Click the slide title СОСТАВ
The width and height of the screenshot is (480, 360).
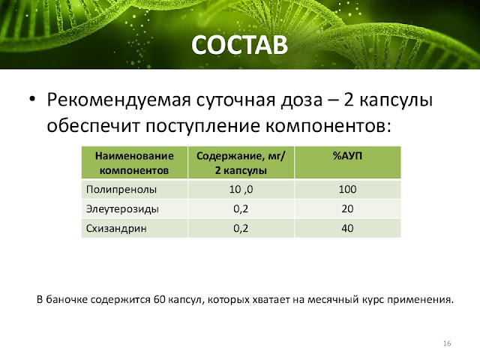coord(239,45)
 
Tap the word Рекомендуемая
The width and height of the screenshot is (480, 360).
coord(118,100)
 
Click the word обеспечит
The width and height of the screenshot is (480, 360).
coord(93,126)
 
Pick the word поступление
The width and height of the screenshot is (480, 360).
coord(202,126)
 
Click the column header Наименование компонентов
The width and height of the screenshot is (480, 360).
coord(134,163)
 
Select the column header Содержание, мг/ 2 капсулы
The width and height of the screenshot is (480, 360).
coord(241,163)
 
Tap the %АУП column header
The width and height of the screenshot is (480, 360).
coord(347,156)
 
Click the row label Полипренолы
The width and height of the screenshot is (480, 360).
coord(121,190)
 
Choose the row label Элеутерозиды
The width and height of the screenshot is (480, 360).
coord(122,209)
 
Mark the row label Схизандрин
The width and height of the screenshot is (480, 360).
coord(116,228)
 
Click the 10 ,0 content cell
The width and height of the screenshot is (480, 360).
coord(241,190)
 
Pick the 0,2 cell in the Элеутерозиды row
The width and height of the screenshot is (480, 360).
coord(241,209)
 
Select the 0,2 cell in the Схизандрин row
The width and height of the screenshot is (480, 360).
coord(241,228)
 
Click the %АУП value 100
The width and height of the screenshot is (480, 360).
coord(347,189)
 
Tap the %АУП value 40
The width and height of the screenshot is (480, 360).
coord(347,228)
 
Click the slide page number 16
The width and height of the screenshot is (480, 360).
coord(447,343)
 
